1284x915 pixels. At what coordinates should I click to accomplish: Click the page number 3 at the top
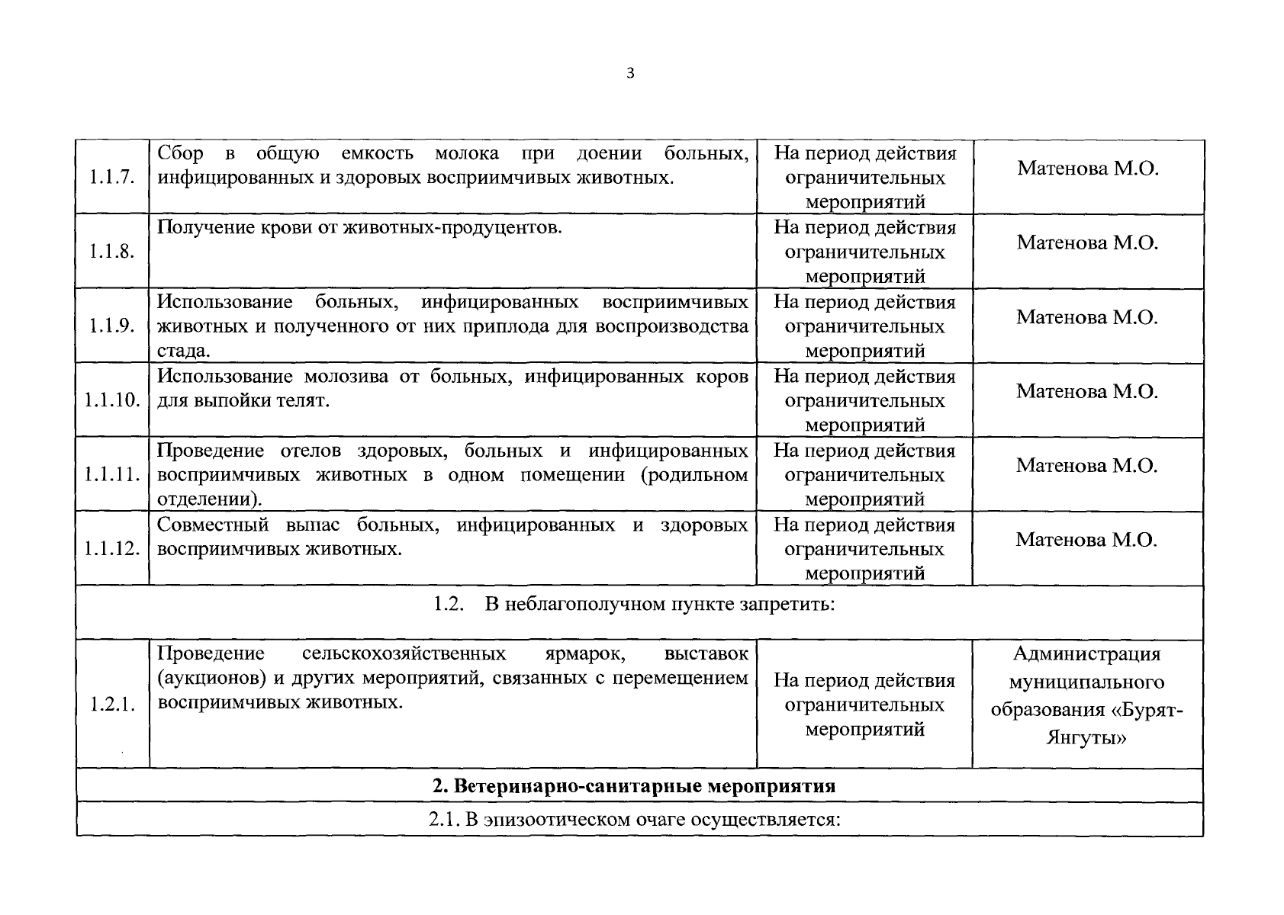(629, 74)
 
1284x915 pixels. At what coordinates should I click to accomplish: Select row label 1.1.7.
(112, 178)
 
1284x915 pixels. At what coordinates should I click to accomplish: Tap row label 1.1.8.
(112, 252)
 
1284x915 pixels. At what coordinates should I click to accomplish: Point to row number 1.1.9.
(112, 326)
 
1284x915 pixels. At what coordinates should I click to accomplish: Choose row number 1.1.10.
(112, 400)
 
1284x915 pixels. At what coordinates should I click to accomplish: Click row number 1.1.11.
(112, 475)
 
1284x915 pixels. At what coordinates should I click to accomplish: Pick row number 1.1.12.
(112, 549)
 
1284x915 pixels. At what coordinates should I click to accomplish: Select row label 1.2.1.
(112, 705)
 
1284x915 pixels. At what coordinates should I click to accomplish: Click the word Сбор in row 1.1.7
(180, 153)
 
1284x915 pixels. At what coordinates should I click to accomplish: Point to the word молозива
(358, 377)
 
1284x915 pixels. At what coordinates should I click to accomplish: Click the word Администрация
(1087, 654)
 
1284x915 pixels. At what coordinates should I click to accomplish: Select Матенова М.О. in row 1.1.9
(1087, 317)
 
